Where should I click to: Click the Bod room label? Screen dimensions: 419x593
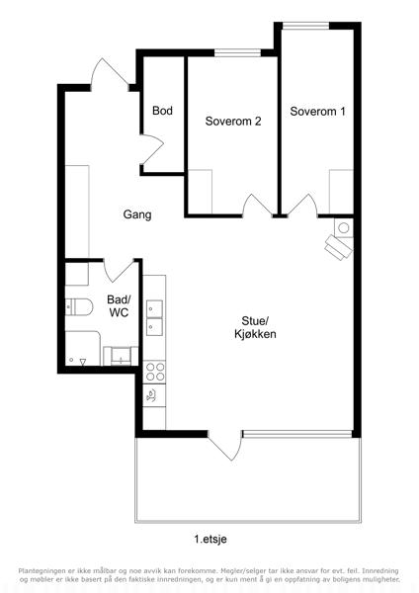(x=163, y=111)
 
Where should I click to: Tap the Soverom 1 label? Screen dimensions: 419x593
(x=317, y=111)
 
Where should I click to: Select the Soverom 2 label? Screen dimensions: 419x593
(x=233, y=121)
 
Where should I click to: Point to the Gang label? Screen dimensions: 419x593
(x=137, y=214)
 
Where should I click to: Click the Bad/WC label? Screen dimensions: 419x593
(x=119, y=306)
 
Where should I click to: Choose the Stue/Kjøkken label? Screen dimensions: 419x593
(x=255, y=327)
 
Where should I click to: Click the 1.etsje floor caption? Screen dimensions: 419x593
(x=210, y=539)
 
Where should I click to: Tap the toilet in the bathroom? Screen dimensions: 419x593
(x=79, y=306)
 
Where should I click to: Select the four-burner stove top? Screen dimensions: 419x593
(x=155, y=372)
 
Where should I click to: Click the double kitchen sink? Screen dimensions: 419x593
(x=155, y=317)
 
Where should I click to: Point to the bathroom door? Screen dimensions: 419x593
(x=119, y=271)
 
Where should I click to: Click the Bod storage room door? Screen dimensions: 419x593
(x=151, y=149)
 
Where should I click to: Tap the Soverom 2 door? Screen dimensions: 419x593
(x=257, y=206)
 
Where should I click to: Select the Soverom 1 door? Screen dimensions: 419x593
(x=302, y=206)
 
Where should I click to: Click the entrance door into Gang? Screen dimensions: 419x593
(x=110, y=74)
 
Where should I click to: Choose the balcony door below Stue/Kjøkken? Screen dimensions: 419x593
(x=224, y=446)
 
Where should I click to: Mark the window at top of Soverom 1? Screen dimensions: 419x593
(x=305, y=26)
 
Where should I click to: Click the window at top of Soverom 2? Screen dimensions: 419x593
(x=238, y=53)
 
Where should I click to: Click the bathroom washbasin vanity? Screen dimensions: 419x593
(x=121, y=356)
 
